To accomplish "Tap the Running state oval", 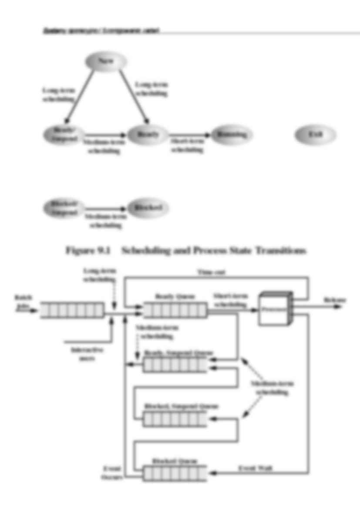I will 231,135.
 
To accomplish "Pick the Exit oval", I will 315,135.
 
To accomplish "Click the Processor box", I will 273,310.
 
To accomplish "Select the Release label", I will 335,300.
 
